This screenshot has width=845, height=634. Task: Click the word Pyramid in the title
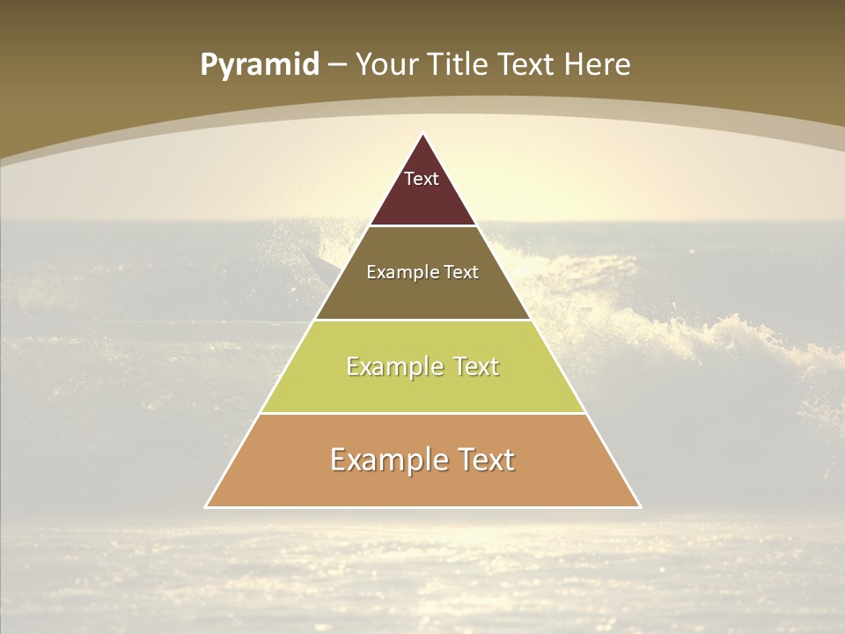(260, 65)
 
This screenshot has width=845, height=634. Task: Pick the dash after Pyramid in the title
(337, 65)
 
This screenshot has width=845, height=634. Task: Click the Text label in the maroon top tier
(422, 179)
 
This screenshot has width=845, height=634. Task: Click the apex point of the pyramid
(422, 134)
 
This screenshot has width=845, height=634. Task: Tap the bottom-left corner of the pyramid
(207, 506)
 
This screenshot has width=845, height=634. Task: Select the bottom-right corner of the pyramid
(639, 506)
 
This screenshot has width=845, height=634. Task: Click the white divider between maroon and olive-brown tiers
(422, 226)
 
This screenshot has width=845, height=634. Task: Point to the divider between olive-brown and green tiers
(422, 320)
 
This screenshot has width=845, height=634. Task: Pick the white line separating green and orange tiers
(422, 413)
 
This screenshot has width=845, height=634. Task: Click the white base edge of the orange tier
(422, 507)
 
